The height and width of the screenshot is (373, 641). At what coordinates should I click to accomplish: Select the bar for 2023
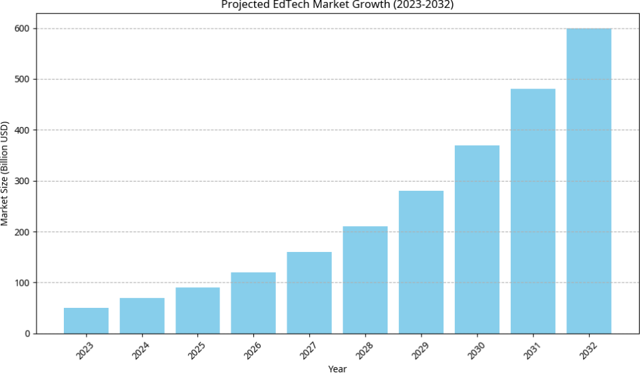86,320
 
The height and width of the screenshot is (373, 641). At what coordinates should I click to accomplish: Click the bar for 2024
142,316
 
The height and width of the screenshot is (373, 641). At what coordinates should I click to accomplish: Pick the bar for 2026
253,303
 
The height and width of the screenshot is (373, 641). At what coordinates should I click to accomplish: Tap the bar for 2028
365,280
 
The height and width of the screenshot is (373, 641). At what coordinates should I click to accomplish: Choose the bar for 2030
477,239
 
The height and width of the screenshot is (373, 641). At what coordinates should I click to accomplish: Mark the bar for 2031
533,211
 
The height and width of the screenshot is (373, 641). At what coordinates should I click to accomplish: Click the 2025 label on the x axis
197,350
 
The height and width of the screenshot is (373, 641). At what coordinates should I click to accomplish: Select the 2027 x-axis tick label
309,350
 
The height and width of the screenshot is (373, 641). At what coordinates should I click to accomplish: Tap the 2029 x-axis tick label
420,350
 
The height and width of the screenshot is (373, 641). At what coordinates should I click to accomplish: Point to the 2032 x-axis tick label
588,350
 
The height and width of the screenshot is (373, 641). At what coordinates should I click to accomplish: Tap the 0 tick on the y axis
27,334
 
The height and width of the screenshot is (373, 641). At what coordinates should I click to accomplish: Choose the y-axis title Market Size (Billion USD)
5,173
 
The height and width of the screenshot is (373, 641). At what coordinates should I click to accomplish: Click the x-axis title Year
337,368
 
